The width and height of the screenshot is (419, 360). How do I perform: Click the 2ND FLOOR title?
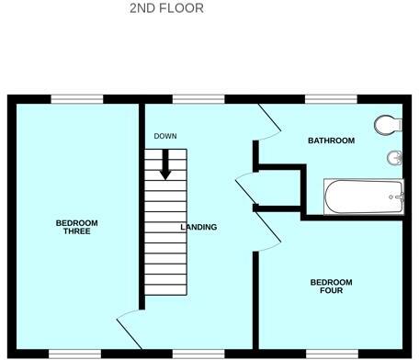[x=167, y=8]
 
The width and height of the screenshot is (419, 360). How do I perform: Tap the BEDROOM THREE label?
[x=77, y=227]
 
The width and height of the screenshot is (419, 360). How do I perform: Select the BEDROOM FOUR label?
[x=331, y=287]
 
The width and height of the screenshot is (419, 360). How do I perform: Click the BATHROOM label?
[x=331, y=141]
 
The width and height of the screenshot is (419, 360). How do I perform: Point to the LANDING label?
[x=198, y=227]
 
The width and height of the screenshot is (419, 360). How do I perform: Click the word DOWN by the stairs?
[x=165, y=136]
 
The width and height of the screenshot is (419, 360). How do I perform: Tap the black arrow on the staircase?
[x=166, y=164]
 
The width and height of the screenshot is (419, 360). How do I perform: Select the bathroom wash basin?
[x=395, y=158]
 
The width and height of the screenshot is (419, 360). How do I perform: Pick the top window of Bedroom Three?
[x=75, y=98]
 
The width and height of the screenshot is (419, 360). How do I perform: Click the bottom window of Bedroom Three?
[x=74, y=353]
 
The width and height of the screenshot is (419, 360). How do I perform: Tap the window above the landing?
[x=198, y=98]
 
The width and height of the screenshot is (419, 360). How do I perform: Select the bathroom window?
[x=331, y=98]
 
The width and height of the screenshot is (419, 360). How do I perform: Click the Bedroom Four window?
[x=331, y=353]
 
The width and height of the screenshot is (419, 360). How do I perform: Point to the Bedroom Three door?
[x=129, y=331]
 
